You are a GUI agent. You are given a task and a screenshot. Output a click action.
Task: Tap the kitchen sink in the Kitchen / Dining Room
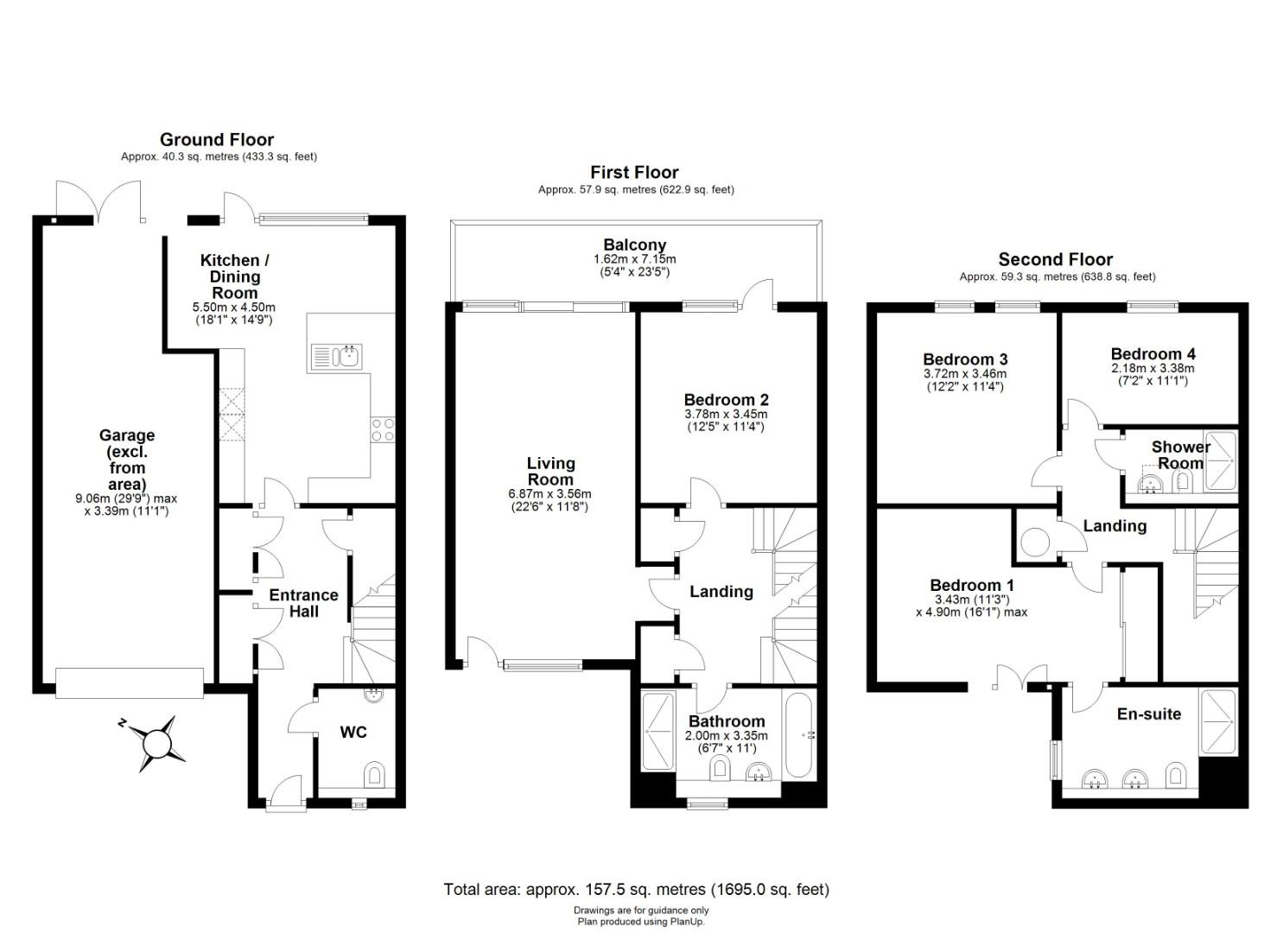336,356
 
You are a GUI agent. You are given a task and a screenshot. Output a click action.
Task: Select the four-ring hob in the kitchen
383,429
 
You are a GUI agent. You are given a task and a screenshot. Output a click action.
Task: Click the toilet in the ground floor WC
373,775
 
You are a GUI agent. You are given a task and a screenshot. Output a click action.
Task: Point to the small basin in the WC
374,695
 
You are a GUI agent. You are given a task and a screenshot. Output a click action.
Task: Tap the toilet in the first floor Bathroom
719,767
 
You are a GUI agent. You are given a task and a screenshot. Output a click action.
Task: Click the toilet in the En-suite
1175,775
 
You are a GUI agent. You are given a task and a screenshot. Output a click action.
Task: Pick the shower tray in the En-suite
1218,723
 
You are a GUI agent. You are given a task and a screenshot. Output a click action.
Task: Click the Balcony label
635,245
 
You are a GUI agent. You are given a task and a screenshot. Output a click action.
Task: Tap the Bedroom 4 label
1153,354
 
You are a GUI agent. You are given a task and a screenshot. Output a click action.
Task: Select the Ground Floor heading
217,139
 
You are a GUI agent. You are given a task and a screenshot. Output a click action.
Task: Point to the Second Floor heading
1056,259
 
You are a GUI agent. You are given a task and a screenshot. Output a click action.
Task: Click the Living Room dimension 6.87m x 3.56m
549,493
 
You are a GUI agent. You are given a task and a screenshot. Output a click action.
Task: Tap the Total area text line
637,889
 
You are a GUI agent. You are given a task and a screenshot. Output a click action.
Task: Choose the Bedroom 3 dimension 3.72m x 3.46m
965,373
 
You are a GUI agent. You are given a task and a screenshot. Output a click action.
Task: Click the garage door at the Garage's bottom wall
130,683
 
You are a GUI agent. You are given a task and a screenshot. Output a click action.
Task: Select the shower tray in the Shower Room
1221,461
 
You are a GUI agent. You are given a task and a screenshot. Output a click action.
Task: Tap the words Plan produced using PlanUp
641,922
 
